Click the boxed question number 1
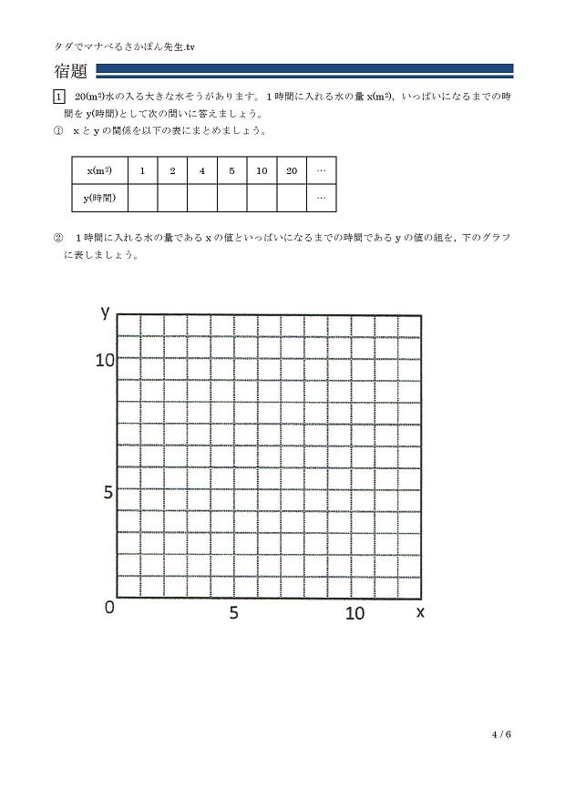tap(60, 97)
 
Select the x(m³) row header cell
tap(99, 170)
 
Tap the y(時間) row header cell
tap(99, 197)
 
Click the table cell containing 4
tap(202, 170)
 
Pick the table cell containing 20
tap(292, 170)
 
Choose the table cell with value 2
tap(172, 170)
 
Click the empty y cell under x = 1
tap(142, 197)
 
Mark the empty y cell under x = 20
tap(292, 197)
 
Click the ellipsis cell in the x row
tap(321, 170)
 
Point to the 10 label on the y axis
tap(105, 361)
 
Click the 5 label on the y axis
tap(108, 493)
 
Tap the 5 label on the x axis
tap(234, 613)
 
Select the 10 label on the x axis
tap(354, 613)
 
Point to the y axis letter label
tap(106, 312)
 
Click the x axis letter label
tap(420, 612)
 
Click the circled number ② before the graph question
tap(59, 238)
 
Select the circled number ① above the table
tap(59, 131)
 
